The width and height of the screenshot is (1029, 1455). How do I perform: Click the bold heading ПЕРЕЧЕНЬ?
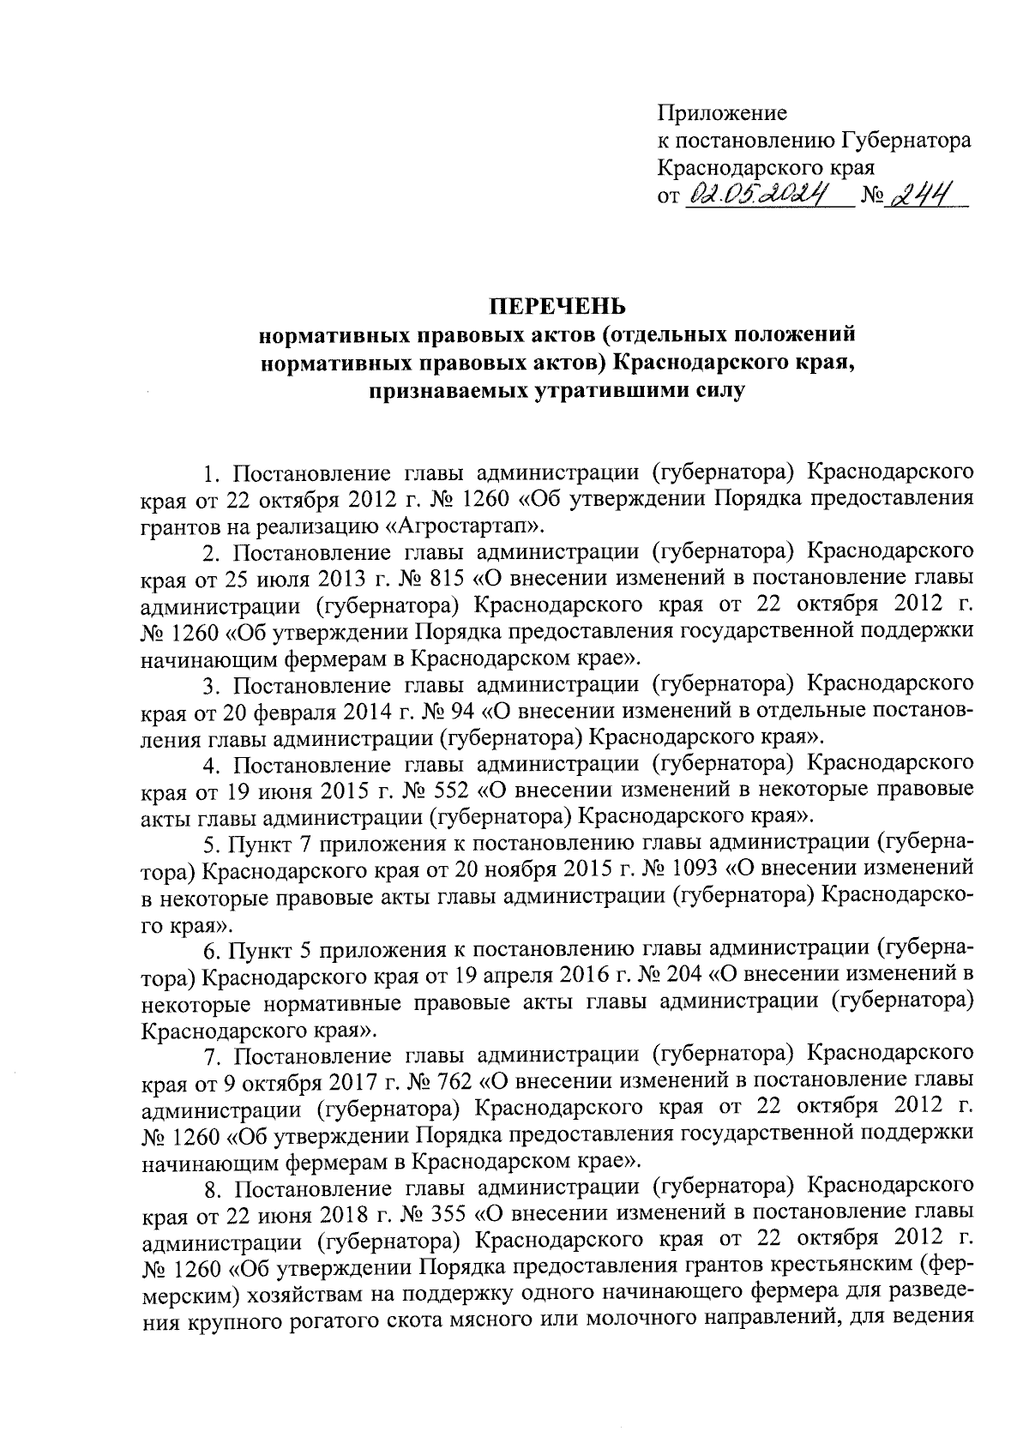[x=557, y=306]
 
